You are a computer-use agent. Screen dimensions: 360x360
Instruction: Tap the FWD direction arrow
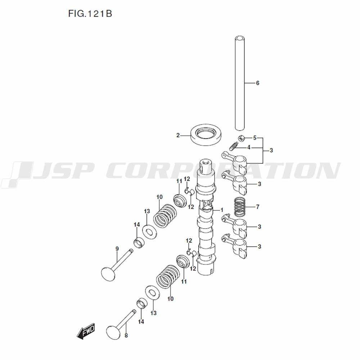[x=86, y=330]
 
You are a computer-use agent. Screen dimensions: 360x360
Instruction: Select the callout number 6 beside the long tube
[x=257, y=83]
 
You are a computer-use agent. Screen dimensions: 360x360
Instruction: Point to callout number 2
[x=178, y=135]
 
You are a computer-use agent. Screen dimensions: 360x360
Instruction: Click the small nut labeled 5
[x=242, y=138]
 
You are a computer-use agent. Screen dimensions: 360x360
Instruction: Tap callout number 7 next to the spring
[x=257, y=207]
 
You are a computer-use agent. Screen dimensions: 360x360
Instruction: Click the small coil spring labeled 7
[x=240, y=207]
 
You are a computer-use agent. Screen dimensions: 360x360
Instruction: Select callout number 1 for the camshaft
[x=222, y=210]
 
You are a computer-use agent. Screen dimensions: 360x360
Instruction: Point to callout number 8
[x=126, y=336]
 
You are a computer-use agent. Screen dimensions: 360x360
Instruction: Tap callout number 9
[x=117, y=249]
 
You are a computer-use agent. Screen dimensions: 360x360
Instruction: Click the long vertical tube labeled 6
[x=240, y=83]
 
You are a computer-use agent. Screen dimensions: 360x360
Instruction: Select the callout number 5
[x=255, y=138]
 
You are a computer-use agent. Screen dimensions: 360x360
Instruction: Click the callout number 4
[x=248, y=148]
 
